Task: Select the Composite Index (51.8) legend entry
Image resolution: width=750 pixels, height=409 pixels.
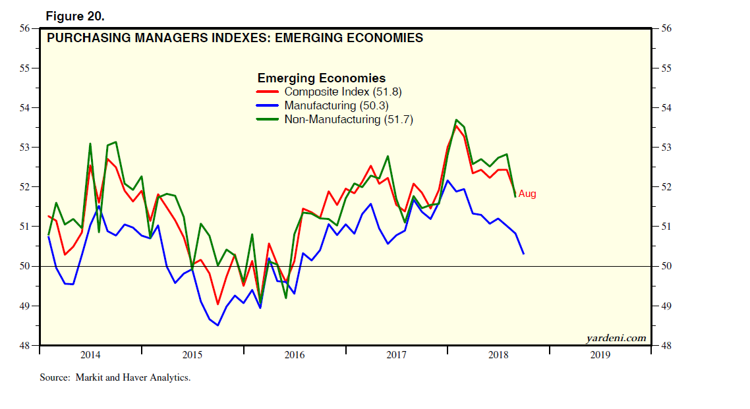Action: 330,92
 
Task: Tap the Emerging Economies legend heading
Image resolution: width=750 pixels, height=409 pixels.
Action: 321,78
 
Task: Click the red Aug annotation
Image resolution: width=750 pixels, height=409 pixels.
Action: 527,194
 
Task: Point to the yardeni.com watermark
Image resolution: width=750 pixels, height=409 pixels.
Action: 616,339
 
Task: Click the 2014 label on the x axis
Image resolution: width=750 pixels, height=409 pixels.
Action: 90,355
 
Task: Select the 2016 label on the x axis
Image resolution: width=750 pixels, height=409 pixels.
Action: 295,355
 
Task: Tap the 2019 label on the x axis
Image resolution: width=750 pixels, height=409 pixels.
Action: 600,355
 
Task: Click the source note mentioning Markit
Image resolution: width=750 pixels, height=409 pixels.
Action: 115,378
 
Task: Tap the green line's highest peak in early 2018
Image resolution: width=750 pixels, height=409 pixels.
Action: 456,120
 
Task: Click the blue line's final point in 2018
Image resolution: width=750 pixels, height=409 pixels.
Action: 523,254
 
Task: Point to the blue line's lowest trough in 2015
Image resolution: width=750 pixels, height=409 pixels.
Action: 217,325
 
